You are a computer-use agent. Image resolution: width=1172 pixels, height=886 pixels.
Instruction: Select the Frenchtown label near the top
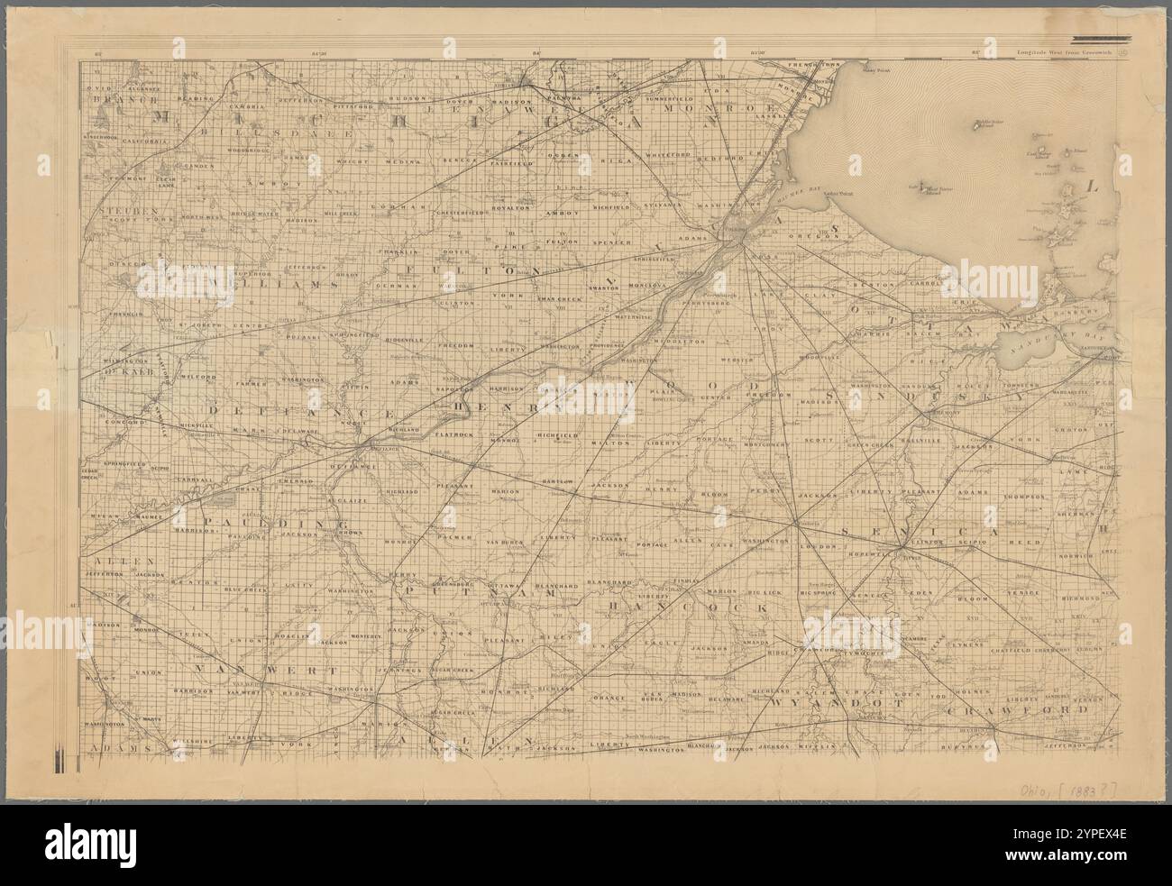811,66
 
